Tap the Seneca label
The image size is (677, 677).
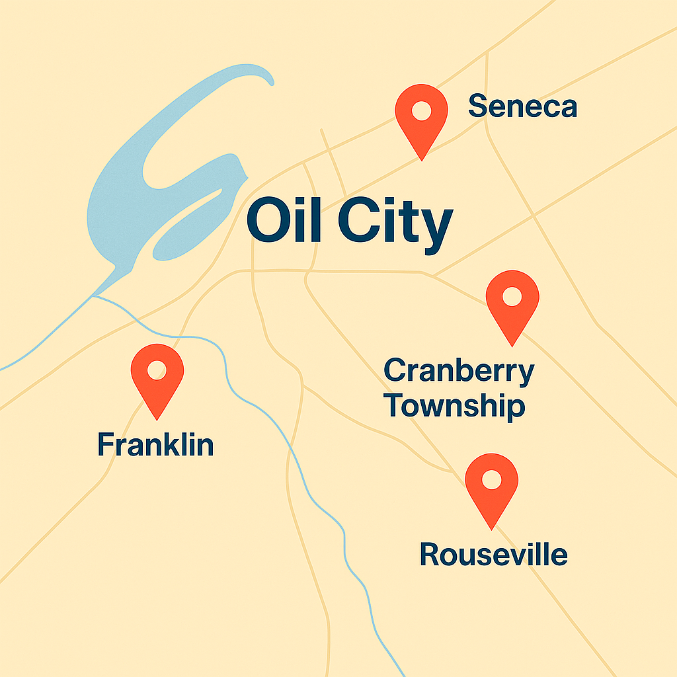[x=522, y=106]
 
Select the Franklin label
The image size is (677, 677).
[x=155, y=444]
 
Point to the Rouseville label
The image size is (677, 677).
[x=493, y=554]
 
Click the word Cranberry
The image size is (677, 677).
[x=459, y=372]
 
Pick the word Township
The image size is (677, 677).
[x=456, y=406]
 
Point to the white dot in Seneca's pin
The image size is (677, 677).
[x=421, y=111]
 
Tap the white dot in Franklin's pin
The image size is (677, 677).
[x=157, y=370]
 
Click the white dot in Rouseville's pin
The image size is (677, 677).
[x=491, y=479]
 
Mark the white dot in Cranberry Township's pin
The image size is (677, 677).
[x=512, y=296]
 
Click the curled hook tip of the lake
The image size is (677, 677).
[x=270, y=81]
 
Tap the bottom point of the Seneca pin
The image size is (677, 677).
[x=421, y=159]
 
